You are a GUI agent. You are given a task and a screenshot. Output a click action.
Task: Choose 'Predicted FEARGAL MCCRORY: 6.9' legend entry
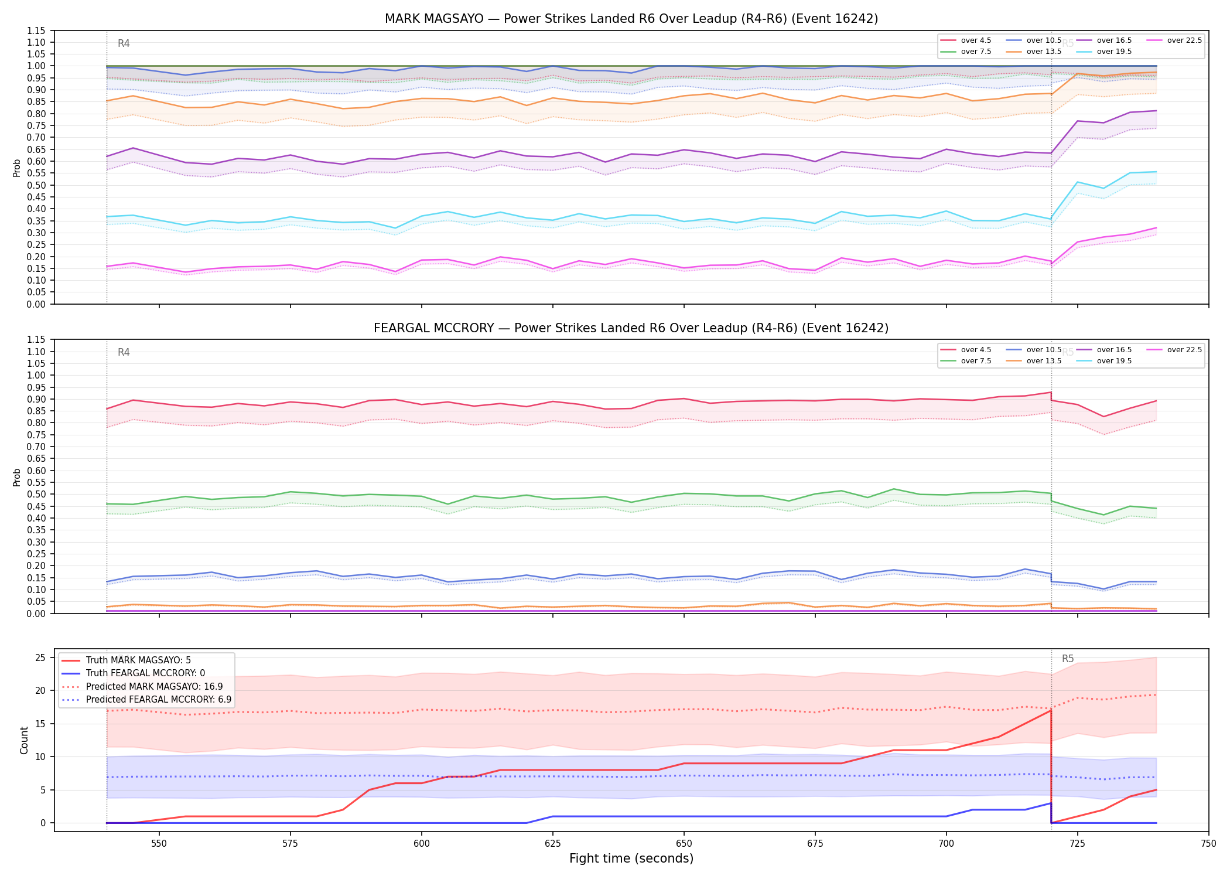146,700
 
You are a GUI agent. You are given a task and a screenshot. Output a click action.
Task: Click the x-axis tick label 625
553,844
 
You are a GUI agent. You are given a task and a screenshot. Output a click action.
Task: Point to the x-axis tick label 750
1208,844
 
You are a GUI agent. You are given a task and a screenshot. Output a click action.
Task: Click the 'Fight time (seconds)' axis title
631,858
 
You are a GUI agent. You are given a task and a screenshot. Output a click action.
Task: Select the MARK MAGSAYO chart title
631,19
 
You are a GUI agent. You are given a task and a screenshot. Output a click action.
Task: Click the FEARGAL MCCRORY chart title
631,328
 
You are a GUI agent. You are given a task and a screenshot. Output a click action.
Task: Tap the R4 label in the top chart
124,43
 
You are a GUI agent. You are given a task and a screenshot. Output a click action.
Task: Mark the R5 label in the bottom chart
1068,659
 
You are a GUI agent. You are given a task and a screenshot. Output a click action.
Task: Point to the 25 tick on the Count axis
40,657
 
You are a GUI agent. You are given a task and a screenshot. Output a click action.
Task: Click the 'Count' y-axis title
24,740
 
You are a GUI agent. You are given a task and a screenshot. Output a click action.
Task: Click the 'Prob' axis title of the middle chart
17,477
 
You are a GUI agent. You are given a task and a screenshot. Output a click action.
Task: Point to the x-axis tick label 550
159,844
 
